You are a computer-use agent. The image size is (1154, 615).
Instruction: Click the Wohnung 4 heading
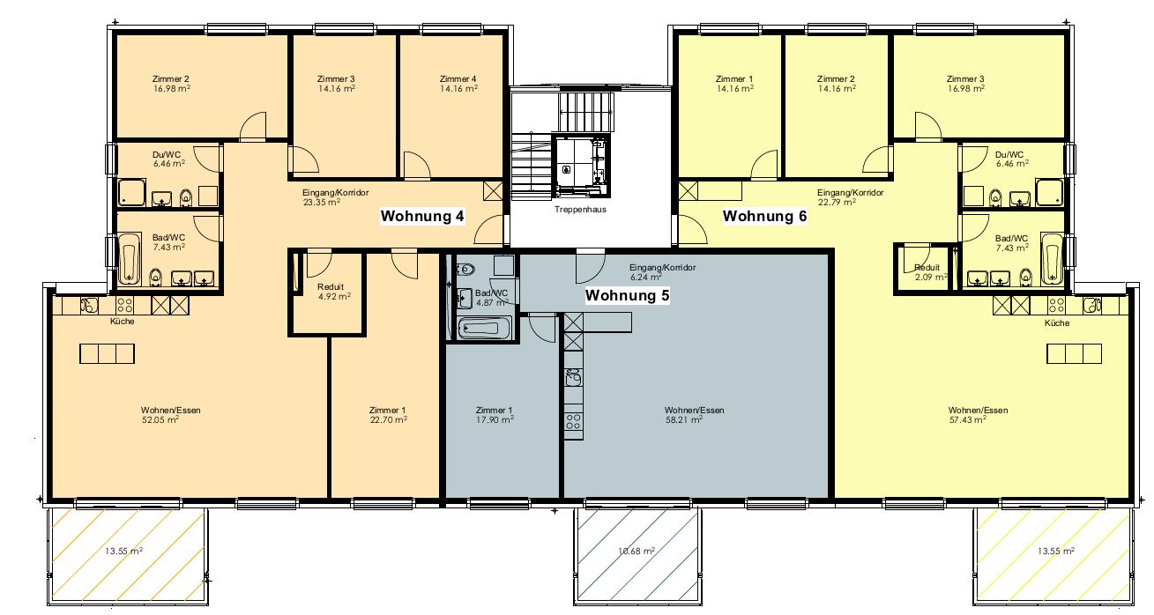(x=422, y=216)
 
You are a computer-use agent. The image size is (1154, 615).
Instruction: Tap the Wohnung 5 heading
(x=628, y=295)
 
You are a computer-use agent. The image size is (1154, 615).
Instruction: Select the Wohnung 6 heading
(x=764, y=216)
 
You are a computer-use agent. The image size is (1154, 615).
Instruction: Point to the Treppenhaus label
(x=580, y=210)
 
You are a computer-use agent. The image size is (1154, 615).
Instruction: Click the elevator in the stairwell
(x=580, y=165)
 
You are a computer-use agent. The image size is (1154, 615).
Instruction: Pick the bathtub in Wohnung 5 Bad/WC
(x=484, y=328)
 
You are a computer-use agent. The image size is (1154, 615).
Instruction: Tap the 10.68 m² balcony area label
(x=637, y=552)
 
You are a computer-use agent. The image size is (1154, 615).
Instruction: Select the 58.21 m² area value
(x=684, y=419)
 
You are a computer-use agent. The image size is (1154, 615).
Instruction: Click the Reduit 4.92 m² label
(x=333, y=292)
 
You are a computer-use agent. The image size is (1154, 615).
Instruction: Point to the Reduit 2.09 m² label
(x=930, y=272)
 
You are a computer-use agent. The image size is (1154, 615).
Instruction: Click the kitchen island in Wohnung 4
(x=108, y=354)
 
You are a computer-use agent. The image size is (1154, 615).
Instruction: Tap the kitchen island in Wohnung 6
(x=1074, y=354)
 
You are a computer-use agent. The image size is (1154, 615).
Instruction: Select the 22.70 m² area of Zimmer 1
(x=389, y=419)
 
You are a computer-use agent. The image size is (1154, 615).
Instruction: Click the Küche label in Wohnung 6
(x=1057, y=323)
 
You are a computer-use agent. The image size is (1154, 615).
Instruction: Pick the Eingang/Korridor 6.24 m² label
(x=663, y=272)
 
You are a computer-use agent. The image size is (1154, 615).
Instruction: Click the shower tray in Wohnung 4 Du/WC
(x=132, y=193)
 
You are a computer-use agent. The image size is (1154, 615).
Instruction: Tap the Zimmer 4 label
(x=458, y=78)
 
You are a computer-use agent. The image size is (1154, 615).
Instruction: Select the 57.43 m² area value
(x=968, y=419)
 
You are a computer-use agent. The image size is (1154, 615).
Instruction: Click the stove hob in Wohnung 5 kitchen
(x=573, y=421)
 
